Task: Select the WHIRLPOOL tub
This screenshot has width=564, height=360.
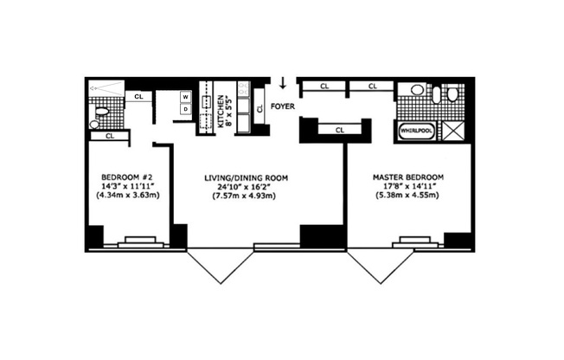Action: [x=416, y=132]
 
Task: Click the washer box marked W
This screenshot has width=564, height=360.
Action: [x=185, y=96]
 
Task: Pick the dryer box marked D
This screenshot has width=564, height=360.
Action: [x=185, y=109]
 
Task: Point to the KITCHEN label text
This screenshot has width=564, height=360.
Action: [x=222, y=112]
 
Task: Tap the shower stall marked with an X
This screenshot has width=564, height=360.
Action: [x=452, y=131]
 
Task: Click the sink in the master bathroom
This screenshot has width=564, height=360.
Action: [x=416, y=90]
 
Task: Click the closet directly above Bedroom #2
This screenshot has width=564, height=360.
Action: [x=109, y=136]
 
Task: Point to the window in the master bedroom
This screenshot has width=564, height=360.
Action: [x=407, y=242]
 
